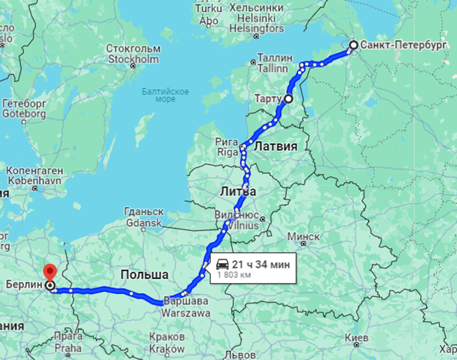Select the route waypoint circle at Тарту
tap(288, 99)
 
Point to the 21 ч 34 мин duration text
tap(261, 265)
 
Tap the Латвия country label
tap(276, 146)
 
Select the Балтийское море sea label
tap(165, 95)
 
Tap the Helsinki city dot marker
tap(256, 36)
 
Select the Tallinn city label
tap(272, 68)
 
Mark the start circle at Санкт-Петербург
tap(353, 45)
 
